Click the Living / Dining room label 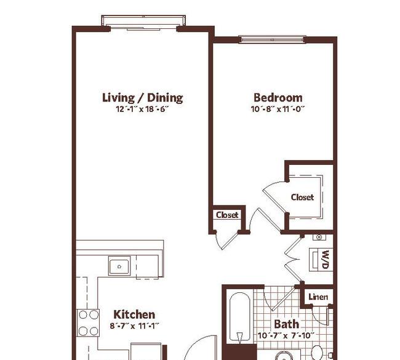coord(142,98)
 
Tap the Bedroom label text coord(278,98)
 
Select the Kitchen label coord(134,314)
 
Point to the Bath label coord(287,324)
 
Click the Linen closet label coord(318,297)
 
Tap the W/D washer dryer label coord(326,260)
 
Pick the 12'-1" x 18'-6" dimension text coord(142,109)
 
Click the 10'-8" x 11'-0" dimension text coord(278,109)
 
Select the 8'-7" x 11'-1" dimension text coord(134,326)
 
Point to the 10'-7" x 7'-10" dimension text coord(286,335)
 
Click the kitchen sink coord(119,266)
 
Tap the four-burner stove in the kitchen coord(88,322)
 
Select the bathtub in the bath coord(239,318)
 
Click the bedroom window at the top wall coord(273,39)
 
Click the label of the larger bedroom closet coord(302,197)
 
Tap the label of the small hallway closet coord(227,215)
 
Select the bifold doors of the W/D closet coord(294,259)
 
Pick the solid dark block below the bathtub coord(241,352)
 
